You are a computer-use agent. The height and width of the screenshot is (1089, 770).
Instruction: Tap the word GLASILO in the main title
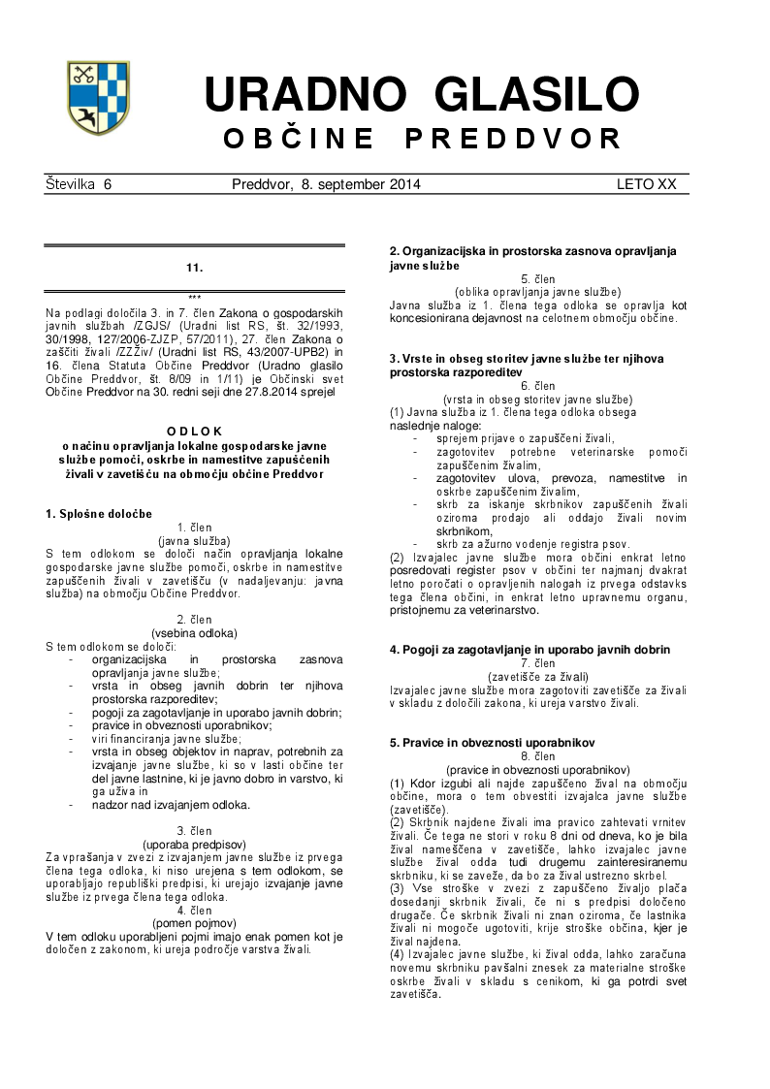point(537,95)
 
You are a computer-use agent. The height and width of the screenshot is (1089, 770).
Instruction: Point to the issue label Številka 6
point(79,184)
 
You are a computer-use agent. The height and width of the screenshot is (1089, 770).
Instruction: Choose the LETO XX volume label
point(646,184)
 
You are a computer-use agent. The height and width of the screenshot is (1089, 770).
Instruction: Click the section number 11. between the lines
point(194,267)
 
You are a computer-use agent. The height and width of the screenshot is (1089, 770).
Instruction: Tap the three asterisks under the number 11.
point(194,298)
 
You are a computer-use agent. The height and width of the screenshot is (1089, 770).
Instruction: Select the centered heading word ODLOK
point(194,432)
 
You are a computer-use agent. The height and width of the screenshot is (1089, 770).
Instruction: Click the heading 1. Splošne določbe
point(99,513)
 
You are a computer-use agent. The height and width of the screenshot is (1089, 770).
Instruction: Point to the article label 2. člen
point(194,620)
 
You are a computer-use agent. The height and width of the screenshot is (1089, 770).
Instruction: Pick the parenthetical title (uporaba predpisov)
point(194,844)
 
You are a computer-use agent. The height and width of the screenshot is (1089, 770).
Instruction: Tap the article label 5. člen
point(537,278)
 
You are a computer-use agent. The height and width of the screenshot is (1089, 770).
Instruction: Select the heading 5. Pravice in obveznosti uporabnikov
point(493,742)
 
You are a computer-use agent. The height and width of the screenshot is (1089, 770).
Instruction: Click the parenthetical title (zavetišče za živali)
point(537,676)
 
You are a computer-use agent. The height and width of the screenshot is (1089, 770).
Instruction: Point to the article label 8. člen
point(537,755)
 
